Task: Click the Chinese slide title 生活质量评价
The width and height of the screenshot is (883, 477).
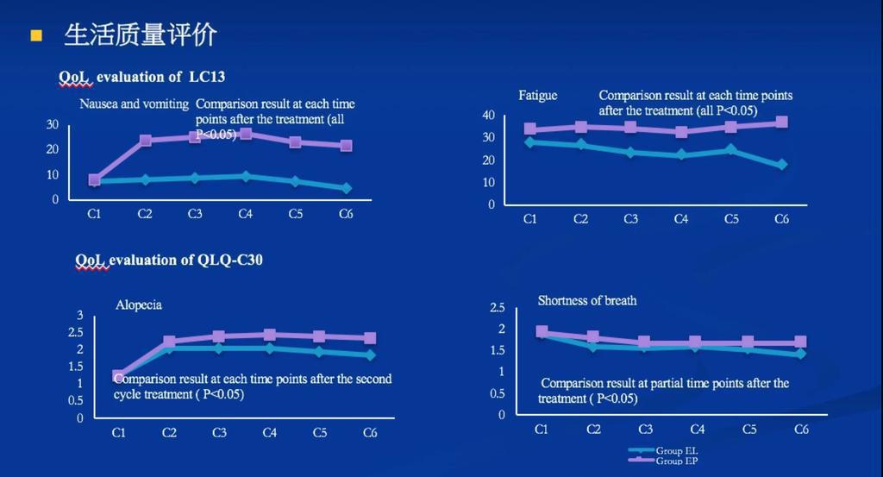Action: (x=141, y=35)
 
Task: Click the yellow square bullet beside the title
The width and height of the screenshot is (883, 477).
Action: (x=36, y=35)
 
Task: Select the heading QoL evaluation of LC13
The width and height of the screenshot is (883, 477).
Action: (x=141, y=77)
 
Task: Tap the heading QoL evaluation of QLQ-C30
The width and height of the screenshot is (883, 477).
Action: (x=168, y=260)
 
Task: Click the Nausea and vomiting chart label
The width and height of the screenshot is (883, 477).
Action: (x=134, y=104)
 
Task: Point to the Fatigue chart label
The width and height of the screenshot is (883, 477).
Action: (x=537, y=96)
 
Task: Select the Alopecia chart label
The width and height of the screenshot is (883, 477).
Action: (x=139, y=304)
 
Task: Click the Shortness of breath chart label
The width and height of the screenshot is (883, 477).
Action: (x=587, y=301)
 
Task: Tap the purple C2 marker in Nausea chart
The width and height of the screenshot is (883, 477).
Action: (x=146, y=141)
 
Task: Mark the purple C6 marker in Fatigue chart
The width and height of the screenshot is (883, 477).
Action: (x=781, y=122)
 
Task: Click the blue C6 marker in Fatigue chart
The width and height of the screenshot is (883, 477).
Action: (x=781, y=165)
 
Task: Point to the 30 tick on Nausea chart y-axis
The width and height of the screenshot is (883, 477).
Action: (x=53, y=125)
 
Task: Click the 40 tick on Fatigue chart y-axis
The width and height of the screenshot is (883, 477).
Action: (x=488, y=116)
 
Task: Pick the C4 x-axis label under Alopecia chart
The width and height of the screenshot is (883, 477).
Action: (x=269, y=433)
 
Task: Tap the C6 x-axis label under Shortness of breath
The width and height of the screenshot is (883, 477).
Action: (x=801, y=430)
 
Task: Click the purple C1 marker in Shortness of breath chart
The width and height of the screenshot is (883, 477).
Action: (x=542, y=331)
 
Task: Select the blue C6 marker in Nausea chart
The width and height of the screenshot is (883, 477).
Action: (x=346, y=188)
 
